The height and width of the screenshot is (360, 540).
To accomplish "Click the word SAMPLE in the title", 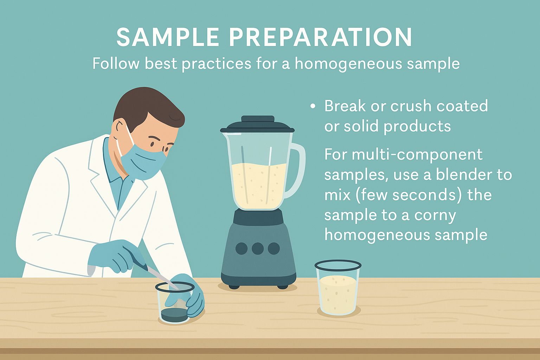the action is (168, 37).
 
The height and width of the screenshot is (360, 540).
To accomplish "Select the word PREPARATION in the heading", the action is (320, 37).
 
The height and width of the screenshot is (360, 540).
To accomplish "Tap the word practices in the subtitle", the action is (217, 64).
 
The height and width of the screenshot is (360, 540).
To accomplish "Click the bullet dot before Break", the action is (313, 106).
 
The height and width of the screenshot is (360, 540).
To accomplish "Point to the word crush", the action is (411, 106).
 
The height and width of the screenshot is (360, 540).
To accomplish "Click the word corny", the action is (435, 216).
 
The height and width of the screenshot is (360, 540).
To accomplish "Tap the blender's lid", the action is (257, 125).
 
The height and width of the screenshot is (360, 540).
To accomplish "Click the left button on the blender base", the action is (241, 248).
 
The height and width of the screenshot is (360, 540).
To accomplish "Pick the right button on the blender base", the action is (274, 248).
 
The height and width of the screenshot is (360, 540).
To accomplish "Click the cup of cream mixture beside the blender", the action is (338, 288).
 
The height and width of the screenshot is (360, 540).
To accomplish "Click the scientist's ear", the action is (119, 128).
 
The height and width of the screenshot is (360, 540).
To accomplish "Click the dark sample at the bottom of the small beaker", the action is (174, 314).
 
